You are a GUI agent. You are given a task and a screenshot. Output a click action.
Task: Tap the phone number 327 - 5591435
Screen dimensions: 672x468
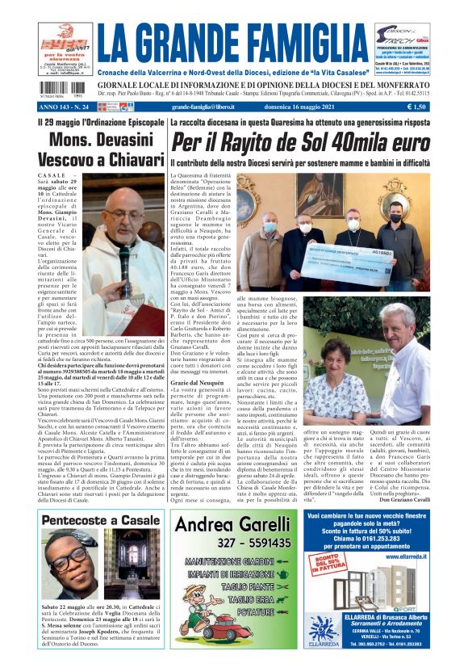point(232,543)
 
